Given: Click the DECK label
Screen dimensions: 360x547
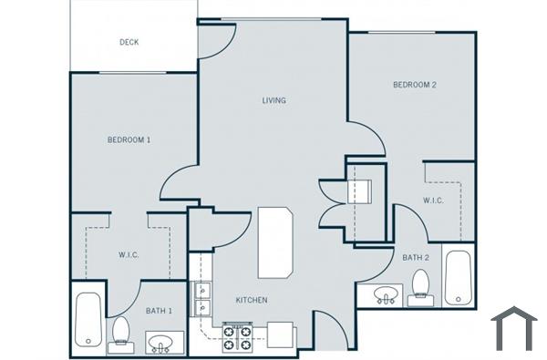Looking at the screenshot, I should point(129,42).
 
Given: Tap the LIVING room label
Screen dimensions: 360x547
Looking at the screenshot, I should point(274,100).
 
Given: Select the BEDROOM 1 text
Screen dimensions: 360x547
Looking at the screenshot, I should point(129,139).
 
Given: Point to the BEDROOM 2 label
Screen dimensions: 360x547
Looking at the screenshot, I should point(415,85).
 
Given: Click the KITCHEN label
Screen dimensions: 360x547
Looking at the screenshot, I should point(252,300).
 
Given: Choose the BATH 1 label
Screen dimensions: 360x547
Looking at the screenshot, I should point(160,312).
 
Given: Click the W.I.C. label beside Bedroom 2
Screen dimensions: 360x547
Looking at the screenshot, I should point(433,201).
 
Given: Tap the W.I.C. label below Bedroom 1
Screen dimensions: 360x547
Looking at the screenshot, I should point(128,255).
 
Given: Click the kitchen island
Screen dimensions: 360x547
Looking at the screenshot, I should point(275,242).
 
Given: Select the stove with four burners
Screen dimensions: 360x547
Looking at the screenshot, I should point(236,337).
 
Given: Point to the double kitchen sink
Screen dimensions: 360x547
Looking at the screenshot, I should point(201,301).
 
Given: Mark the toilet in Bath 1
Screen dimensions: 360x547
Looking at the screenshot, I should point(119,334).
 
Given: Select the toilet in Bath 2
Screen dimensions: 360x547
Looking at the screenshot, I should point(420,284).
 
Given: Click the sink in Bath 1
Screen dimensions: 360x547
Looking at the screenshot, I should point(164,344).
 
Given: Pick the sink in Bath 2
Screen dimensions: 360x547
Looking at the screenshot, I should point(387,295).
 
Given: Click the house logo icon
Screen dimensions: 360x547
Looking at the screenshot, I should point(513,329).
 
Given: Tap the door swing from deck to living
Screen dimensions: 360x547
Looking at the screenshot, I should point(215,41).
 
